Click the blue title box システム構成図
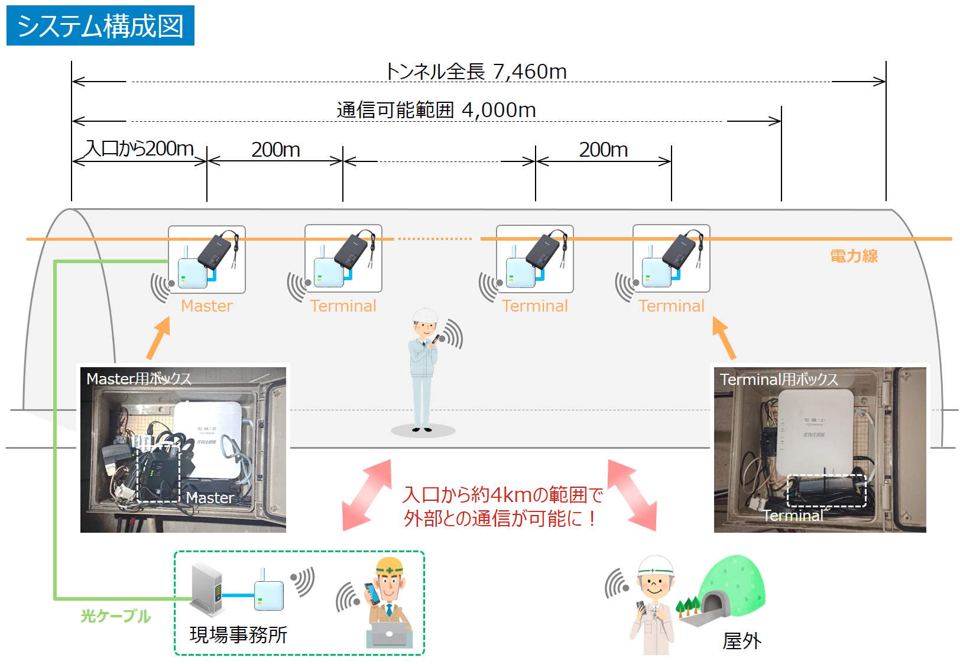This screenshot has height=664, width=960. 100,25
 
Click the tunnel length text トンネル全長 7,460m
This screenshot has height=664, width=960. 476,72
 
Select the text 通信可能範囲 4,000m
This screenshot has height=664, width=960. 436,110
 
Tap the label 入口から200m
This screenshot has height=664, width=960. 140,148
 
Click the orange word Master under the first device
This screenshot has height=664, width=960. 207,306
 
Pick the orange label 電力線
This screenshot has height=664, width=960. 854,256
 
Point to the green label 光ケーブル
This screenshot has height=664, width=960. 115,616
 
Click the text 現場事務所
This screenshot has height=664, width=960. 238,635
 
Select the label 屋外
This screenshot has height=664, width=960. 742,641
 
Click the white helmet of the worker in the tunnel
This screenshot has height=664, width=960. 424,315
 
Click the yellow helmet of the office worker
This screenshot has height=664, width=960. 390,566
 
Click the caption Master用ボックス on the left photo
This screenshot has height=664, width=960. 139,378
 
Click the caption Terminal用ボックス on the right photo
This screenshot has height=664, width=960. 779,380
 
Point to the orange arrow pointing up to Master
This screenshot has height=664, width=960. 158,338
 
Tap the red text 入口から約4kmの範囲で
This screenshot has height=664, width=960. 502,494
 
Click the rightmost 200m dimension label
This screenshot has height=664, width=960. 603,150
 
